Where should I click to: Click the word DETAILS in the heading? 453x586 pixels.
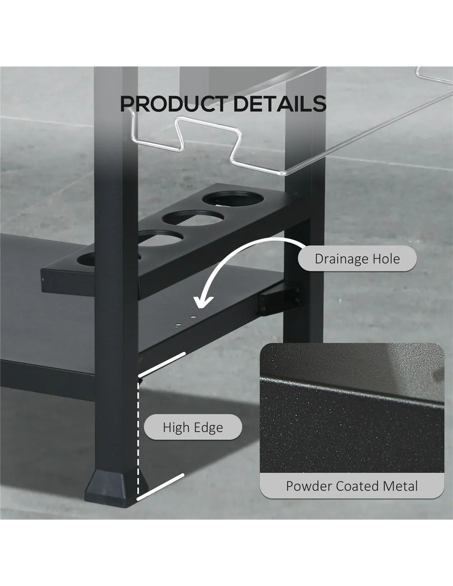pos(280,103)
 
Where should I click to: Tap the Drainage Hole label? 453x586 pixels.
pos(357,258)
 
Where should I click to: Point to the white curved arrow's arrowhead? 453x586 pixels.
pos(204,302)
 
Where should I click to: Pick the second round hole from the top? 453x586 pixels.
pos(193,217)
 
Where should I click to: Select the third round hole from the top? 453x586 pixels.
pos(161,238)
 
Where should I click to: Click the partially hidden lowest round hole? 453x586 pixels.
pos(86,260)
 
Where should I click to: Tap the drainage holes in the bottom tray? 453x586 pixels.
pos(185,321)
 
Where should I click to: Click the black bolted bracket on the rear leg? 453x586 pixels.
pos(280,299)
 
